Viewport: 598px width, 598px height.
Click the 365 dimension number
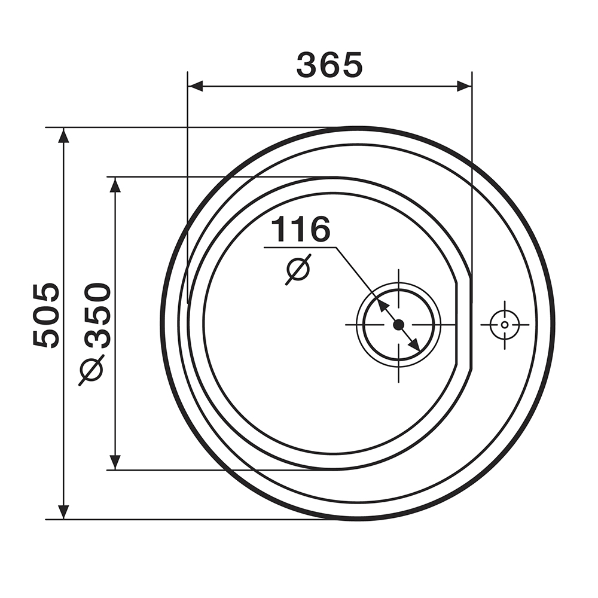pyautogui.click(x=329, y=65)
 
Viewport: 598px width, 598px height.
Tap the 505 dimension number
pyautogui.click(x=46, y=315)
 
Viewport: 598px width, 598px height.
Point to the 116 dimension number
pyautogui.click(x=301, y=229)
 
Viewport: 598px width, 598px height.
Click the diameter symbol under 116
pyautogui.click(x=298, y=269)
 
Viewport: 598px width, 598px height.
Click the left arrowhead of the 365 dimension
pyautogui.click(x=196, y=87)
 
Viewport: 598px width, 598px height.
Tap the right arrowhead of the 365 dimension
pyautogui.click(x=464, y=87)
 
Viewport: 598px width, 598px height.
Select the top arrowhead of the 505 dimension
pyautogui.click(x=64, y=135)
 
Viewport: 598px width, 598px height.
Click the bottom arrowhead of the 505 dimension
pyautogui.click(x=64, y=512)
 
